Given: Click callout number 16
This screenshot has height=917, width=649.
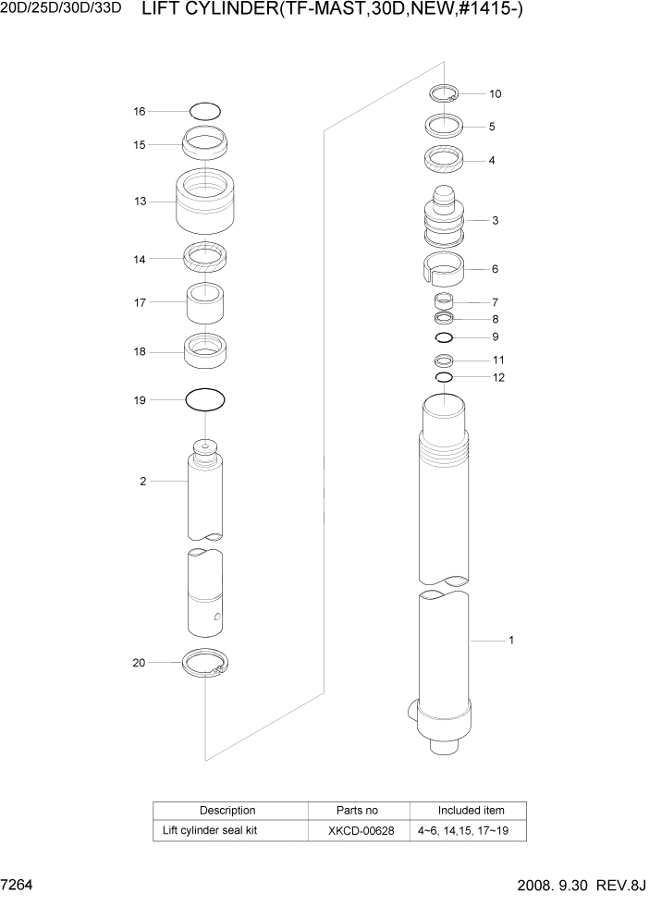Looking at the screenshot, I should [x=140, y=111].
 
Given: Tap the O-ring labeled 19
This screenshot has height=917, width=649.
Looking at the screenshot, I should [x=205, y=400].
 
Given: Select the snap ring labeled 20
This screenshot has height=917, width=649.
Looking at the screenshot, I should [x=206, y=664].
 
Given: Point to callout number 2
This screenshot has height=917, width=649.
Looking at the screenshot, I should [x=143, y=482].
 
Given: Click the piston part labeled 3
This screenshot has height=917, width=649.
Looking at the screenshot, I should [x=444, y=221].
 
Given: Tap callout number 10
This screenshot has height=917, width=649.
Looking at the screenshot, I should [x=496, y=93].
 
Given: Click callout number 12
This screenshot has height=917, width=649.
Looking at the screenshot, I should [x=498, y=377].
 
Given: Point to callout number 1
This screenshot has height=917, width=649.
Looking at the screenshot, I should [x=510, y=640].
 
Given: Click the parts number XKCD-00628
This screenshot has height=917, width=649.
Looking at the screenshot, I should [x=361, y=831].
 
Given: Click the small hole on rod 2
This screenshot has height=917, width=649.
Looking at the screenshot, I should [x=216, y=617].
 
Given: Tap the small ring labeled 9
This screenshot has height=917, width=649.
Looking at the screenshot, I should [x=444, y=336].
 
